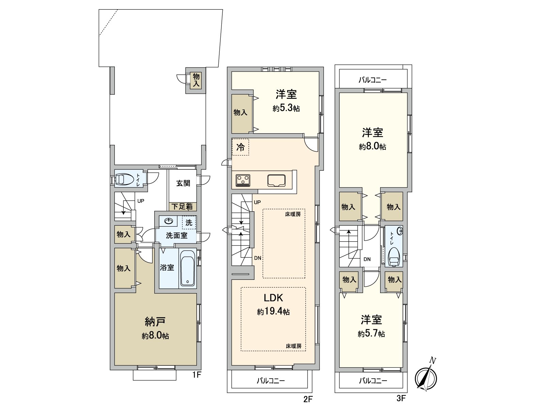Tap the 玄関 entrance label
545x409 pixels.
(x=183, y=183)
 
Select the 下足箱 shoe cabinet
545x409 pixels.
(x=182, y=206)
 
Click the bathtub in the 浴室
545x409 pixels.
(x=187, y=269)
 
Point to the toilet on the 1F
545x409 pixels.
(x=124, y=179)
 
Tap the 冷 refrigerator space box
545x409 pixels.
(x=240, y=147)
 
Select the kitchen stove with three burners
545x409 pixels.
(x=243, y=180)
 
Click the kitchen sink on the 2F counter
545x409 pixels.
(x=276, y=180)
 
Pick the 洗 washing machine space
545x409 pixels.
(x=189, y=223)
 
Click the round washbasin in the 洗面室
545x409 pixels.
(x=168, y=221)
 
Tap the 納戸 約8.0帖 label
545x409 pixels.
(x=155, y=328)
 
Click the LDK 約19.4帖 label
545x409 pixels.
(x=273, y=304)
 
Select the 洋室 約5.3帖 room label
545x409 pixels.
(x=286, y=101)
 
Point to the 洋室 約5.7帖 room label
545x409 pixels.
(x=371, y=326)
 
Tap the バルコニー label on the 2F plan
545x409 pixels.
(x=270, y=381)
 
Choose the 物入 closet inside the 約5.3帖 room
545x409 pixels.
(x=240, y=112)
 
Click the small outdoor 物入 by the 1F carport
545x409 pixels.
(x=196, y=80)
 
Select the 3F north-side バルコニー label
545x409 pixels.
(x=372, y=80)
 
